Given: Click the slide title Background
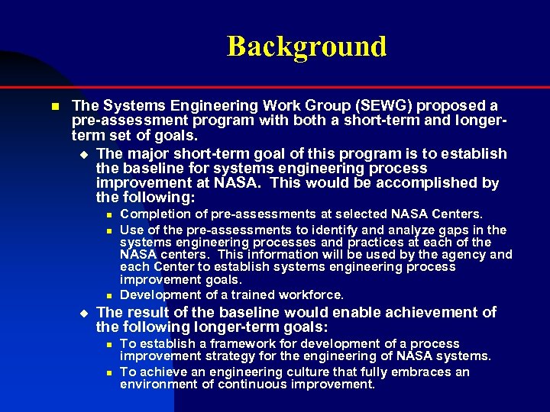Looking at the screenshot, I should (x=306, y=47).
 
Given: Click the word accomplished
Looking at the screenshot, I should (x=416, y=183).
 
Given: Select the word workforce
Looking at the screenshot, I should (x=310, y=295).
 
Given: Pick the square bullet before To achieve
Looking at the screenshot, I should (x=109, y=373).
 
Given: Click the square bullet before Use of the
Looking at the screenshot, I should (x=109, y=230).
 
